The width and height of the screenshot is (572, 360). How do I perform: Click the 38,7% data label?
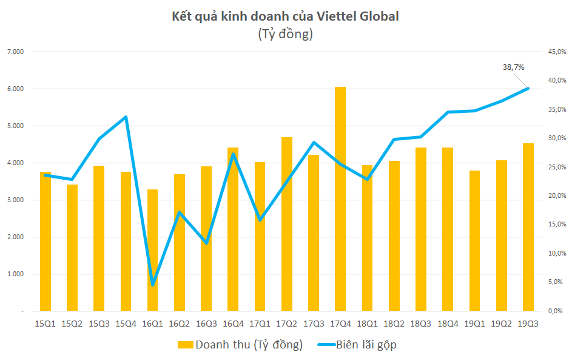coord(513,67)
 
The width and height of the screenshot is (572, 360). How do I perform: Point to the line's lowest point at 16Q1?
coord(153,285)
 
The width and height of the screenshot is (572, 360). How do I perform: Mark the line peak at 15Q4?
coord(126,117)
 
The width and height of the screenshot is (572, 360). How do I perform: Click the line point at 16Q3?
coord(206,243)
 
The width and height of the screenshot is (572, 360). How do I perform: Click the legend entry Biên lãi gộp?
coord(358,345)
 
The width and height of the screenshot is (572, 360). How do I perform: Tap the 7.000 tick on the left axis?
coord(15,52)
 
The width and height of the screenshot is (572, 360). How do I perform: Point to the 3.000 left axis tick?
coord(15,200)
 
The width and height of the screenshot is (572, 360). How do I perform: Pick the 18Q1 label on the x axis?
coord(367,324)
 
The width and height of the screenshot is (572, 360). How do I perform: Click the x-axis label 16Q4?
coord(233,324)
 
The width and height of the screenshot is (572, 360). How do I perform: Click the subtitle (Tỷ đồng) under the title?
coord(286,34)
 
